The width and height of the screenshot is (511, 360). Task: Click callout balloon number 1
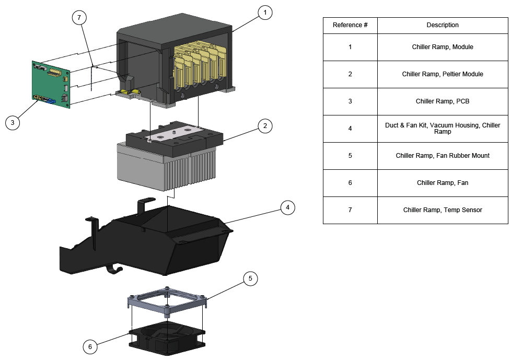click(265, 12)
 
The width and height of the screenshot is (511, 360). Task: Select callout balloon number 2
click(265, 125)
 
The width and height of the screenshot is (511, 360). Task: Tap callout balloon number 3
click(13, 123)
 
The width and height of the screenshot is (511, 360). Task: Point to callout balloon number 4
click(287, 207)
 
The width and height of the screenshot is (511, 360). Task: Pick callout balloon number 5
click(250, 278)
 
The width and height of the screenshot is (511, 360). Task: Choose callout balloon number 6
click(90, 346)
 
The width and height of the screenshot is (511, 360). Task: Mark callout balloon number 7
click(79, 17)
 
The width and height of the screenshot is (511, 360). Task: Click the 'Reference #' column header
click(350, 25)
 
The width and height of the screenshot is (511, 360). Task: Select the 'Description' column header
click(443, 25)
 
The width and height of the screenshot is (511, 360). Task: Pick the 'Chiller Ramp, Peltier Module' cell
click(443, 74)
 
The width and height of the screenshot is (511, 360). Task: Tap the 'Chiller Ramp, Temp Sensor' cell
click(443, 210)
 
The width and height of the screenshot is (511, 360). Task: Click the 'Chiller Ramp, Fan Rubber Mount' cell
click(443, 156)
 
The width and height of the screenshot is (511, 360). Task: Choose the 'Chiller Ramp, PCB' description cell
click(443, 101)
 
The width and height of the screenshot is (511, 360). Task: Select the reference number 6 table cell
click(350, 183)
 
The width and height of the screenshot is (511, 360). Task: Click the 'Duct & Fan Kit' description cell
click(443, 129)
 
